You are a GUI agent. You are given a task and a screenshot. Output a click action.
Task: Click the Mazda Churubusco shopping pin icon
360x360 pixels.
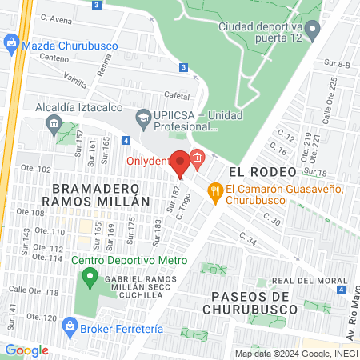[11, 42]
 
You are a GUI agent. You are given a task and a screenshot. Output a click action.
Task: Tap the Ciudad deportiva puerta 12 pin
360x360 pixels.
[314, 31]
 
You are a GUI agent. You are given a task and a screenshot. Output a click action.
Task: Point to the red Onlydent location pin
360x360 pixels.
[181, 163]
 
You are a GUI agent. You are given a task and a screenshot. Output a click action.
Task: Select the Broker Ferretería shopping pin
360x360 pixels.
[70, 326]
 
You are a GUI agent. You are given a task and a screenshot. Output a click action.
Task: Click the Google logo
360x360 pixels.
[26, 350]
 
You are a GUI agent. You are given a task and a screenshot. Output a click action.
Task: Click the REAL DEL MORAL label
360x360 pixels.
[302, 280]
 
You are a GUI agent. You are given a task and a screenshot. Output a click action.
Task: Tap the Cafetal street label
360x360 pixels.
[177, 93]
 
